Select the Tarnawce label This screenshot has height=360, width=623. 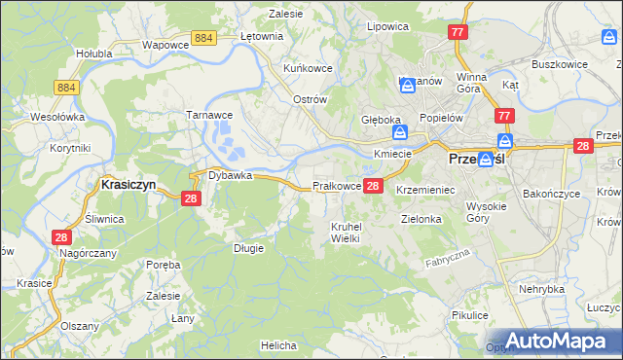[x=206, y=114]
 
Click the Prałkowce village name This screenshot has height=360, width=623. [x=336, y=186]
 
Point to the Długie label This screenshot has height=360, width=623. [x=248, y=248]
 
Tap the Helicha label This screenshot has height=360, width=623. [x=277, y=345]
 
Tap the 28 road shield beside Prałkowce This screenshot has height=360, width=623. [x=374, y=185]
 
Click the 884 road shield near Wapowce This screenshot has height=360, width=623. [x=203, y=37]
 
